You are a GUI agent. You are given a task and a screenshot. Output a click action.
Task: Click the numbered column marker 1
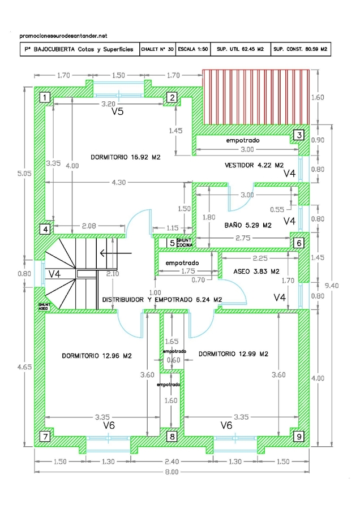pos(44,97)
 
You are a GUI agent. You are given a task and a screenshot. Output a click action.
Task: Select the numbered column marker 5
pos(172,243)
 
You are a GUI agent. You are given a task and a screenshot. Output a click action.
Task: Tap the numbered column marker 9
pos(298,436)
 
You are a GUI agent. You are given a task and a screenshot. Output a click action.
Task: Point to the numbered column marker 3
pos(298,135)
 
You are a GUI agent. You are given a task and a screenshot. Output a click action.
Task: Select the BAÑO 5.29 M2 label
pos(248,225)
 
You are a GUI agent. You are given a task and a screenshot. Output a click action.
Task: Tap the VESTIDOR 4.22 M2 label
pos(254,166)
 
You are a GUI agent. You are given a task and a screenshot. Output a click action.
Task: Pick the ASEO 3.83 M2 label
pos(256,271)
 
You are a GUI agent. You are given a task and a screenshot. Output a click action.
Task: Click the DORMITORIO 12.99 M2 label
pos(233,354)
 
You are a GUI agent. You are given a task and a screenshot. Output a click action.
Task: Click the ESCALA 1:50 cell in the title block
pos(192,50)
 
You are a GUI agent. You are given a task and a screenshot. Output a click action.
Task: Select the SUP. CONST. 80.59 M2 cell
pos(300,50)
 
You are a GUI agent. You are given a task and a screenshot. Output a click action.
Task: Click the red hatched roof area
pos(256,96)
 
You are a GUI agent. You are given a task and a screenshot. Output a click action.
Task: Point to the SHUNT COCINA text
pos(185,243)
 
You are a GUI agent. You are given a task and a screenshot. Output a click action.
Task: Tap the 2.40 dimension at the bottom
pos(172,461)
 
